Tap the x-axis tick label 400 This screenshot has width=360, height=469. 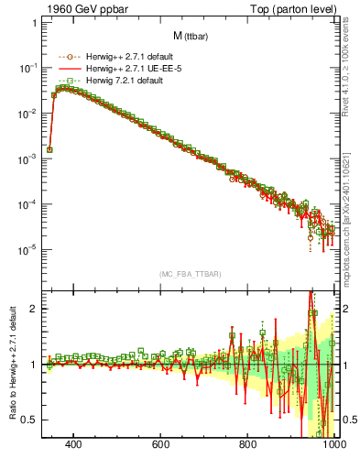coord(74,445)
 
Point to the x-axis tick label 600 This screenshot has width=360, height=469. coord(161,445)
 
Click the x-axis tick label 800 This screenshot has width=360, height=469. coord(248,445)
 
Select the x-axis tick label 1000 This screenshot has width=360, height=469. coord(333,445)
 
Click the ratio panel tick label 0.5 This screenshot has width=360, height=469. coord(29,420)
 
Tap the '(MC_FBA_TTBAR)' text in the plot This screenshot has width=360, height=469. coord(190,274)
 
